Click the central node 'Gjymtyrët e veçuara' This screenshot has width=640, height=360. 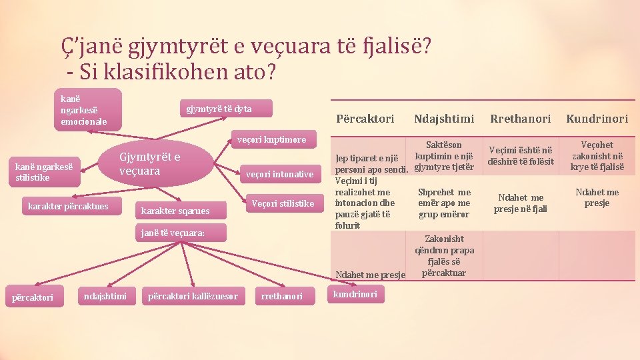coord(150,164)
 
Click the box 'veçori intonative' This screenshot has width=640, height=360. coord(279,175)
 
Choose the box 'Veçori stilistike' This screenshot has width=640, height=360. coord(282,203)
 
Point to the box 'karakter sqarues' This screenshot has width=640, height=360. coord(175,211)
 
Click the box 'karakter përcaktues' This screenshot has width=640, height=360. coord(69,206)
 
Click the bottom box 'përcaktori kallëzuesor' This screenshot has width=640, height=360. coord(193,296)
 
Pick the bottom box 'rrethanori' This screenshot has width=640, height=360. coord(281,296)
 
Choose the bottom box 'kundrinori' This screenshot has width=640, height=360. coord(355,294)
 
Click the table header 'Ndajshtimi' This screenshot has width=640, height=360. coord(444,119)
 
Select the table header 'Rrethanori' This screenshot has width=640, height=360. coord(521,119)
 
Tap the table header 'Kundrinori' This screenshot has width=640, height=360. coord(597,119)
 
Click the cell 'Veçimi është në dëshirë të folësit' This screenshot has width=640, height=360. coord(521,156)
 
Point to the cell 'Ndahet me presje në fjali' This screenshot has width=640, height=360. coord(521,203)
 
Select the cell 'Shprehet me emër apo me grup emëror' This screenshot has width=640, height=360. coord(444,203)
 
